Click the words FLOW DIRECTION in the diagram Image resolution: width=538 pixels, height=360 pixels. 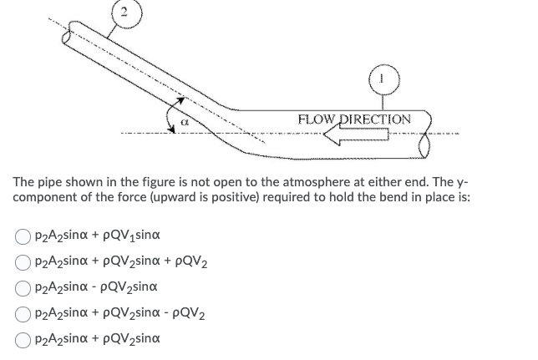pyautogui.click(x=354, y=119)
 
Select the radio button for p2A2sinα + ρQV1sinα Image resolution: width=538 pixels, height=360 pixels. pyautogui.click(x=21, y=236)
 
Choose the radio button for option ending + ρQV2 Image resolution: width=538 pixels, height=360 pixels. pyautogui.click(x=21, y=261)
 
